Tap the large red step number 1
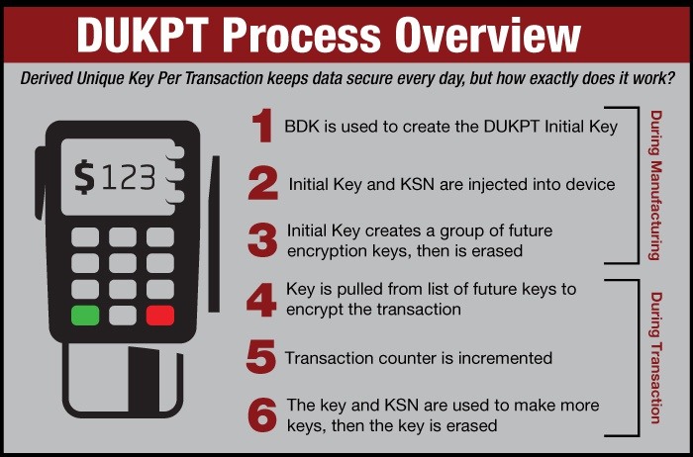[x=261, y=127]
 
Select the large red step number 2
[x=262, y=183]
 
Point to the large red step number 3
[x=262, y=239]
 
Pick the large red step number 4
[x=261, y=299]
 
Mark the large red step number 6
[x=261, y=415]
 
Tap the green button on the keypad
[x=85, y=316]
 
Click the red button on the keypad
[x=159, y=316]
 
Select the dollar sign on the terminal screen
[x=85, y=177]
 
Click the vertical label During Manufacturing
[x=655, y=185]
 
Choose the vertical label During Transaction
[x=655, y=357]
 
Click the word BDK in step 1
[x=301, y=126]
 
